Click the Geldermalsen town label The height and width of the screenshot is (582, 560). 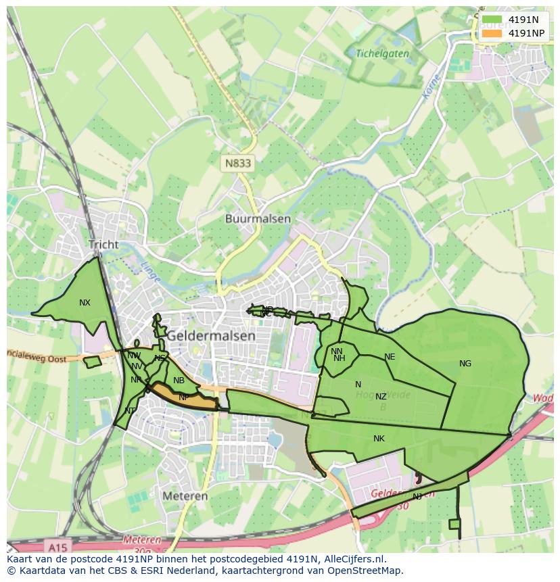(x=211, y=335)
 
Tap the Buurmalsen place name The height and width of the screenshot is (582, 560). (x=258, y=219)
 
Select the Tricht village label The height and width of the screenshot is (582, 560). (x=103, y=245)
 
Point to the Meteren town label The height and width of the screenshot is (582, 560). (x=185, y=495)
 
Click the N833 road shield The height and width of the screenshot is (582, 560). (x=237, y=163)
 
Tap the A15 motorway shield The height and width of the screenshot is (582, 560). (x=60, y=545)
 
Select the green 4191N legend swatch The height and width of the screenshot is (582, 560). (x=492, y=20)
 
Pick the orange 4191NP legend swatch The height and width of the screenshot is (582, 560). (x=492, y=33)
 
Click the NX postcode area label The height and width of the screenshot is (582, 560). (x=85, y=303)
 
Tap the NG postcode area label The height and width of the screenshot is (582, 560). (x=465, y=364)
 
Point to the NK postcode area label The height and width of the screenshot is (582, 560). (x=379, y=439)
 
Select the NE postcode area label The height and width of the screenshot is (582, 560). (x=390, y=357)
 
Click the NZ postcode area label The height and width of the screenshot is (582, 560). (x=381, y=397)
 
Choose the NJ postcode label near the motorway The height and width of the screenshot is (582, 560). (x=417, y=497)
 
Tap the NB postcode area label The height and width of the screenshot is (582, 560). (x=179, y=381)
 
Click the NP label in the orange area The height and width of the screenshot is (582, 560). (x=183, y=397)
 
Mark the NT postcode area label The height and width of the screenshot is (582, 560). (x=130, y=411)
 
